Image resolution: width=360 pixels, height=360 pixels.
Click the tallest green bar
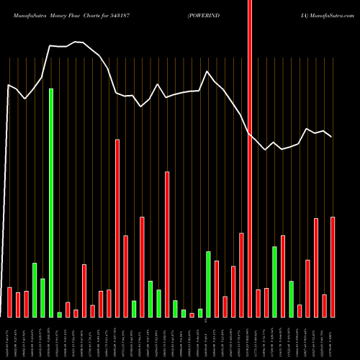point(51,202)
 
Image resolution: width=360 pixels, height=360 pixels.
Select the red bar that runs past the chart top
point(250,158)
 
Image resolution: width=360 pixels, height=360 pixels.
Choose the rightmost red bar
point(333,266)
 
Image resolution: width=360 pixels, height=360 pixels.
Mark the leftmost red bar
point(10,302)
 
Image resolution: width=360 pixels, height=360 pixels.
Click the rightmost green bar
point(292,299)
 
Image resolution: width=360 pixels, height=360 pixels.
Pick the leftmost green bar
point(35,289)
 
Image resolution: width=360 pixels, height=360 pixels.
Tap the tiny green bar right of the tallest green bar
point(60,314)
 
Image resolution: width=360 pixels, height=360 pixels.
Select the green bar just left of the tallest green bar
point(43,297)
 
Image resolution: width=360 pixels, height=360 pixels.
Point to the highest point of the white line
point(76,42)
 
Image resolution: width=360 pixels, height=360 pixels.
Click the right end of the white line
point(331,137)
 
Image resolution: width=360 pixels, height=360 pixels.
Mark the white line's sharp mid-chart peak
point(208,71)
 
